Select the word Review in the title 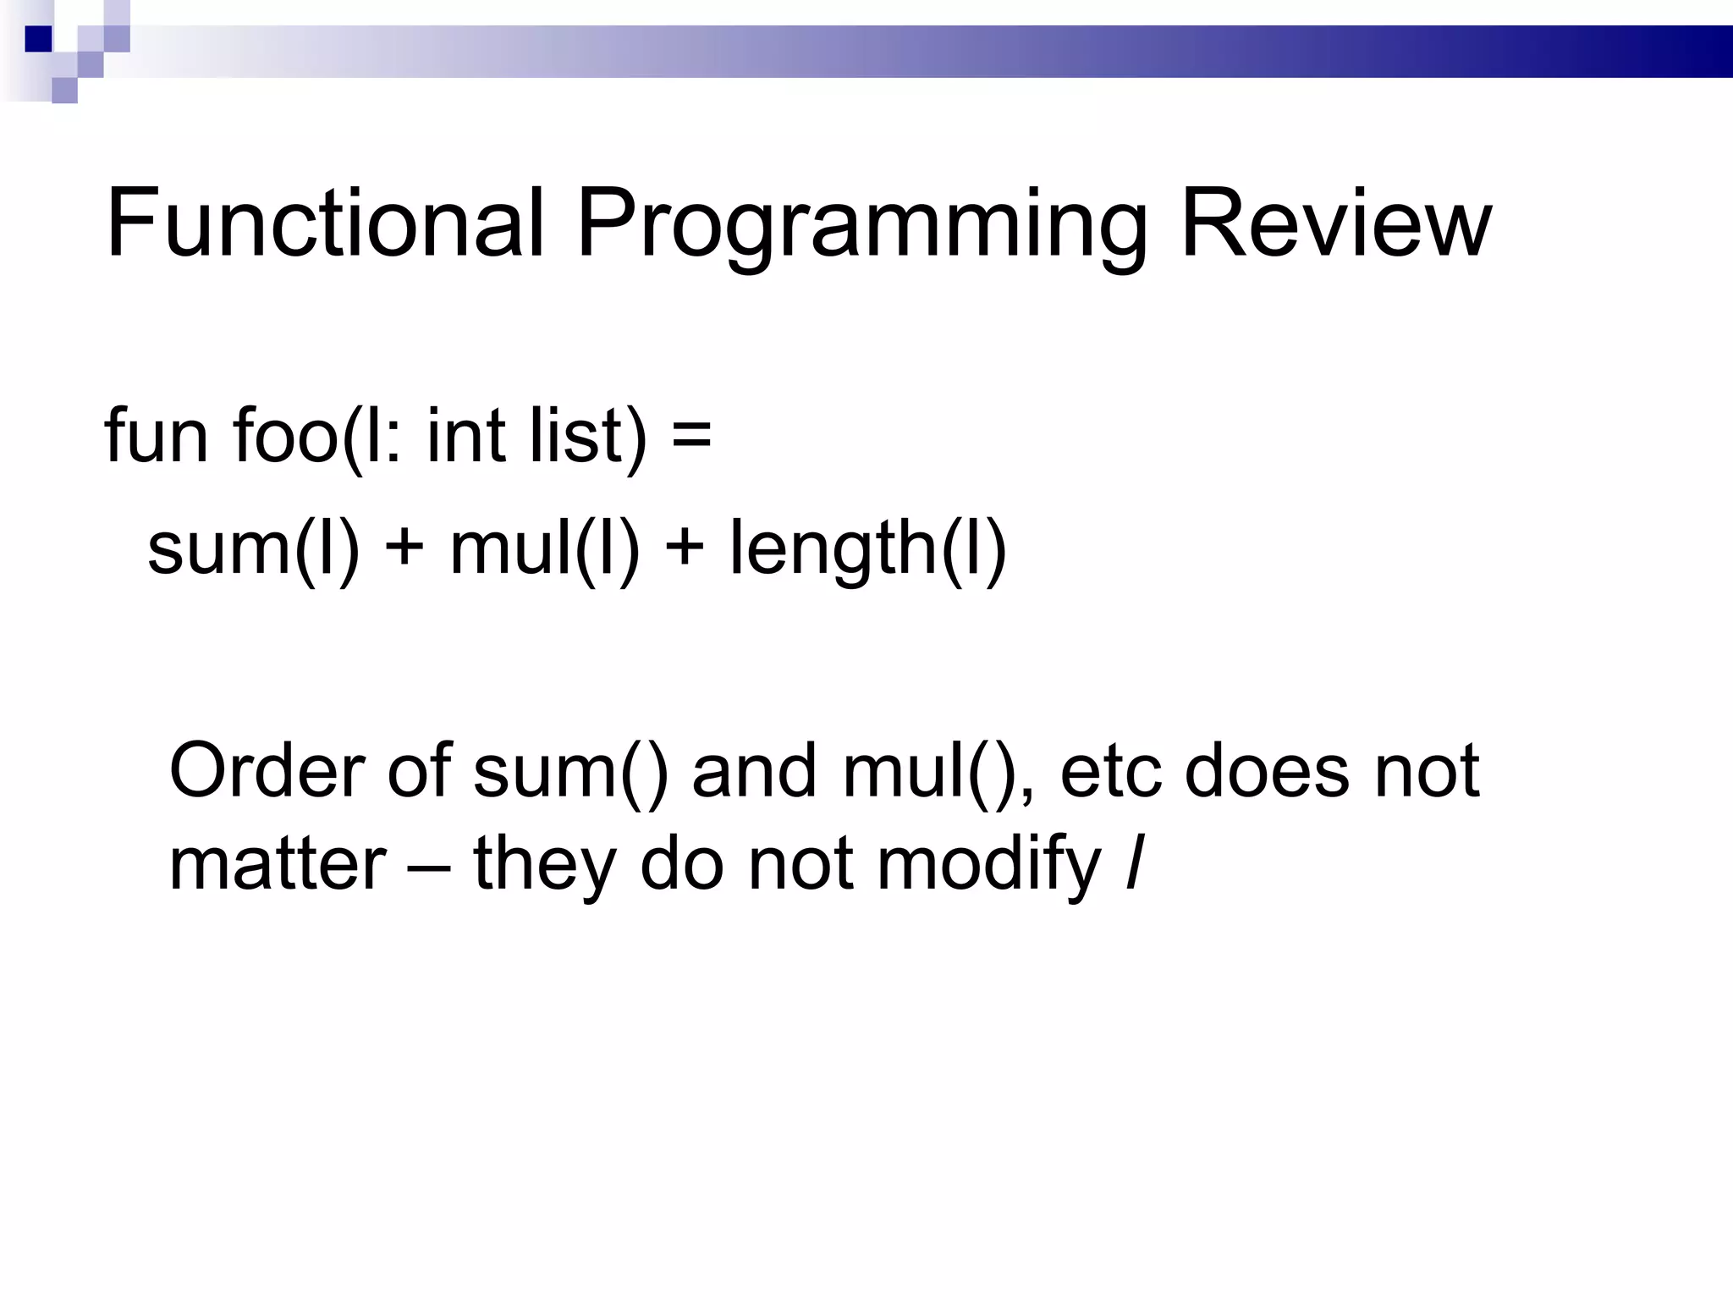tap(1335, 224)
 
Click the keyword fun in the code tap(156, 436)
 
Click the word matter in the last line tap(278, 865)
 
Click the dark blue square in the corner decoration tap(38, 39)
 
